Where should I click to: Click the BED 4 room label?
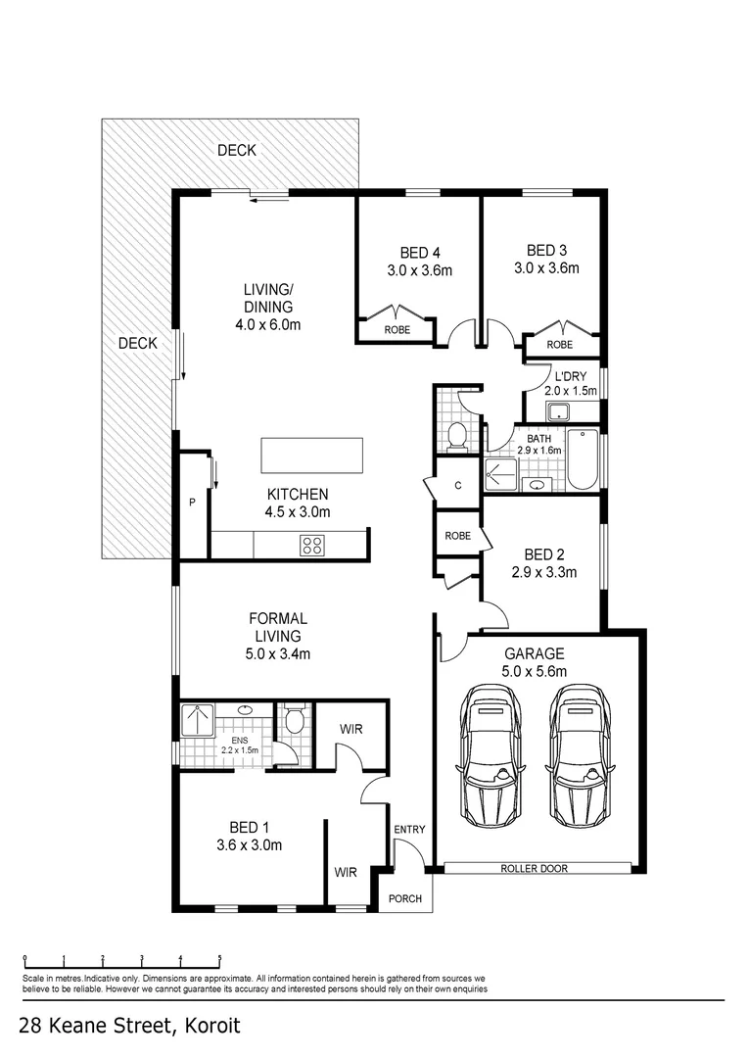[x=420, y=253]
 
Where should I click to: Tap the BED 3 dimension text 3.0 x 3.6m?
[x=546, y=267]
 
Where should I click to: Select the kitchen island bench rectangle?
[x=312, y=456]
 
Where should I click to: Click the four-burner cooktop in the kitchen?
[x=312, y=545]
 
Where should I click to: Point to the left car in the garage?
[x=489, y=755]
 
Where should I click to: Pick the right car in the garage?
[x=579, y=755]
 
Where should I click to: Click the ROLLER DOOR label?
[x=534, y=868]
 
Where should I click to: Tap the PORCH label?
[x=405, y=898]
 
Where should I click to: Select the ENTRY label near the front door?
[x=409, y=830]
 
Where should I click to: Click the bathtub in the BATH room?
[x=582, y=459]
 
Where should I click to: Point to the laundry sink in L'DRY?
[x=558, y=411]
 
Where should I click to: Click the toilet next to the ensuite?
[x=294, y=721]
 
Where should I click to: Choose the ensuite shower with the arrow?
[x=197, y=721]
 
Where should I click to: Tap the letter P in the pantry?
[x=192, y=503]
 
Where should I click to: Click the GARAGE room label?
[x=535, y=653]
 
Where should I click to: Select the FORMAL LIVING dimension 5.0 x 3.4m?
[x=278, y=653]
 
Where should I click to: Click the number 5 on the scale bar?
[x=220, y=958]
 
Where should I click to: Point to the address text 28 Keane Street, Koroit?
[x=129, y=1027]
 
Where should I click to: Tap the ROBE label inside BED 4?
[x=397, y=330]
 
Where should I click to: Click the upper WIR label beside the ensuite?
[x=351, y=729]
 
